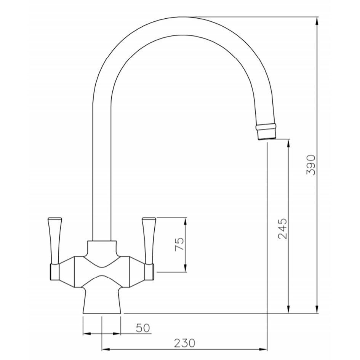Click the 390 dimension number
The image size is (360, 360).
click(x=311, y=165)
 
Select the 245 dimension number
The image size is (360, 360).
click(x=282, y=229)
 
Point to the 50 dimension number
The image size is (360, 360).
click(x=143, y=328)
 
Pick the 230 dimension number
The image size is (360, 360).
click(x=185, y=343)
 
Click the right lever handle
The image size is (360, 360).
click(x=149, y=241)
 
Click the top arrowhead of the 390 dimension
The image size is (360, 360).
click(x=317, y=21)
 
